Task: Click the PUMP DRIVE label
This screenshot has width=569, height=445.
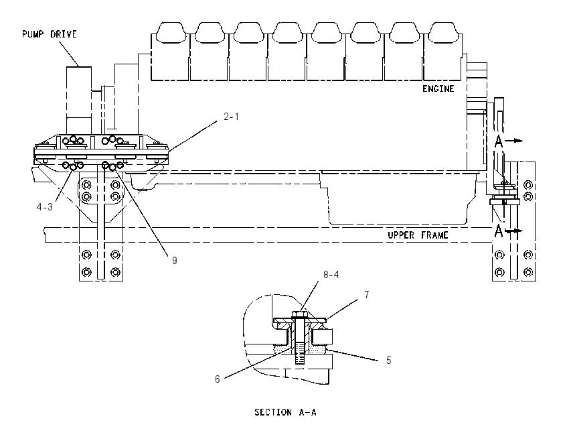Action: pyautogui.click(x=50, y=34)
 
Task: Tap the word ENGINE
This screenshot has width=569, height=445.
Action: pyautogui.click(x=438, y=88)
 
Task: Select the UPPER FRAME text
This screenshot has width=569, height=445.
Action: pyautogui.click(x=418, y=235)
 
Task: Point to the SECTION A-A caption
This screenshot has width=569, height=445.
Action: pyautogui.click(x=285, y=412)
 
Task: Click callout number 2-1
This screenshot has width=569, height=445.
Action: pyautogui.click(x=231, y=117)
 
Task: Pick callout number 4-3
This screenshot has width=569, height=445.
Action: pyautogui.click(x=45, y=207)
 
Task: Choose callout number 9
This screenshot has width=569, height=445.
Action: pyautogui.click(x=175, y=261)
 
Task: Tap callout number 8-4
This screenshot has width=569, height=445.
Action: pyautogui.click(x=331, y=275)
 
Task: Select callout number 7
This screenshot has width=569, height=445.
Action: pyautogui.click(x=367, y=295)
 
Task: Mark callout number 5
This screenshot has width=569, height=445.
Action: pyautogui.click(x=389, y=361)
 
